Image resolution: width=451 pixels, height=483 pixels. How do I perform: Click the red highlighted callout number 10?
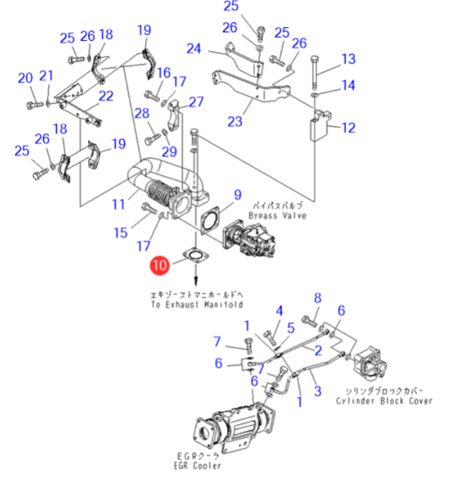(160, 266)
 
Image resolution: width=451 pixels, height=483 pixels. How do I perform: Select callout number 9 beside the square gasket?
(237, 195)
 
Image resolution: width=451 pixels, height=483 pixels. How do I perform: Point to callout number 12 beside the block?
(348, 128)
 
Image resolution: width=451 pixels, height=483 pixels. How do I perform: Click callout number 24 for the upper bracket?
(195, 49)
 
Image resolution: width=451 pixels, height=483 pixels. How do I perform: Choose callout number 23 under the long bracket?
(235, 122)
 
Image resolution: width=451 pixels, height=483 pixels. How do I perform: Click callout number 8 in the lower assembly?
(318, 298)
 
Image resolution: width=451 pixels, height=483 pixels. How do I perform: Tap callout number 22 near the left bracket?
(106, 95)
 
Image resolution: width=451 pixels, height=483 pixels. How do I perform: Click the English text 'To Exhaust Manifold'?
(197, 304)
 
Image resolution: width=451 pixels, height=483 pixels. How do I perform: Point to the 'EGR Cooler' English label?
(198, 467)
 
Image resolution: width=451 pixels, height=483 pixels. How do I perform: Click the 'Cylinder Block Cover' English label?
(384, 401)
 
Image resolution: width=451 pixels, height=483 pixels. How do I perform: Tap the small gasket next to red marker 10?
(193, 255)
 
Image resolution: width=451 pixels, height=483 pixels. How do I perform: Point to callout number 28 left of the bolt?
(142, 112)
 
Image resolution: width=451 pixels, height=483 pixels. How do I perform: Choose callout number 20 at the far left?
(25, 78)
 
